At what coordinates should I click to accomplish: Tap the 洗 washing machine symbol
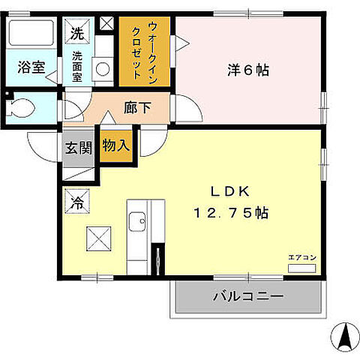tap(76, 33)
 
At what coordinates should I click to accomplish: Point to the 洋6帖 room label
tap(247, 71)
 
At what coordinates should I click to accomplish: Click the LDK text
tap(235, 190)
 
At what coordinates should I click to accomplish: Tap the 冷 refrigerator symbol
tap(76, 201)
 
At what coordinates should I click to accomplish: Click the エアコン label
tap(303, 257)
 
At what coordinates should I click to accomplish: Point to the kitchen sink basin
tap(137, 222)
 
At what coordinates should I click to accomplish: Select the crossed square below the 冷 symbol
tap(99, 240)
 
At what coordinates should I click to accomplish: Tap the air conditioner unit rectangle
tap(303, 267)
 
